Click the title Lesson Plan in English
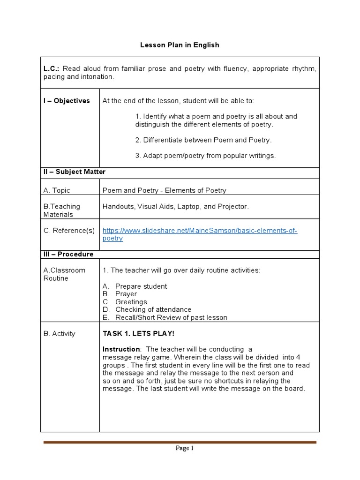click(x=180, y=45)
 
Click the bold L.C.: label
click(x=53, y=69)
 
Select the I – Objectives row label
click(x=67, y=101)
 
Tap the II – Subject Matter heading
click(x=75, y=172)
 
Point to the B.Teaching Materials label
click(x=61, y=210)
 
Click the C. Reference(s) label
click(x=69, y=230)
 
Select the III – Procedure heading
click(x=68, y=254)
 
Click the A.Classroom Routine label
click(x=64, y=274)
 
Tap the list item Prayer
click(x=126, y=294)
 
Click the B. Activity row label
click(x=59, y=334)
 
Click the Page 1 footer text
click(x=184, y=448)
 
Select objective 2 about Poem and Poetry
click(x=203, y=140)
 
